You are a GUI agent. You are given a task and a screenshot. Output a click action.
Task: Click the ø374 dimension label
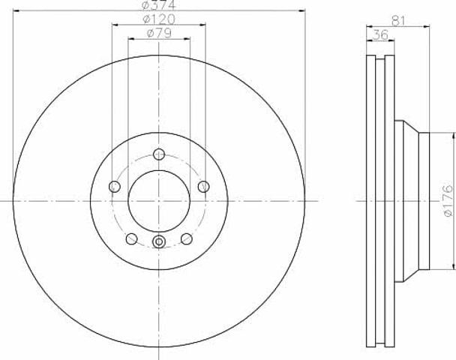click(x=159, y=4)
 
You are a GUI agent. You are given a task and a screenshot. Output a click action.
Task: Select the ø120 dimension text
click(x=159, y=19)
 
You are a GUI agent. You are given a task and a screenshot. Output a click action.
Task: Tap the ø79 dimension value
click(x=159, y=33)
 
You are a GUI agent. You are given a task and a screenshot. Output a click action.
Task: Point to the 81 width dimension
click(x=398, y=21)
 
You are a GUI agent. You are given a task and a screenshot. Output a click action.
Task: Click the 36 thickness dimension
click(x=380, y=35)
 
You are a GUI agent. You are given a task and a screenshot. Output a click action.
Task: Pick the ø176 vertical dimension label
click(x=448, y=200)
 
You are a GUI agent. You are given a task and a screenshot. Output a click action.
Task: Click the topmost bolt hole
click(x=159, y=154)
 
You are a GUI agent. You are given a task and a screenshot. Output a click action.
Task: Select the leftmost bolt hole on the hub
click(x=115, y=187)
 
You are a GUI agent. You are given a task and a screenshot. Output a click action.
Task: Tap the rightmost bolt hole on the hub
click(x=203, y=187)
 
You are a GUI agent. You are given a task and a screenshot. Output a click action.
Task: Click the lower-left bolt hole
click(x=131, y=238)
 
